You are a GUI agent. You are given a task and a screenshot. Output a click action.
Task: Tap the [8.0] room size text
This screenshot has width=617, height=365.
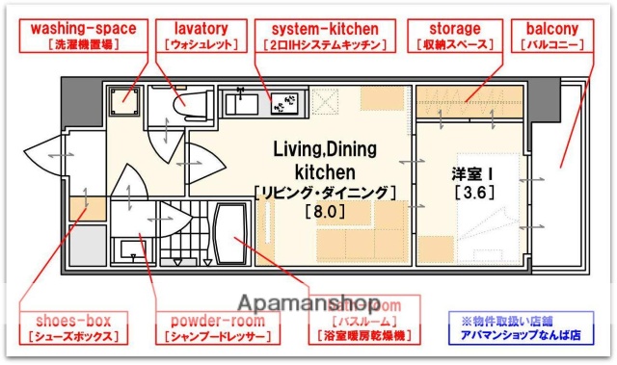(324, 210)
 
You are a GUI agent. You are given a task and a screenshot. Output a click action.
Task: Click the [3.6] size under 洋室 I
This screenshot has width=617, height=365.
(472, 193)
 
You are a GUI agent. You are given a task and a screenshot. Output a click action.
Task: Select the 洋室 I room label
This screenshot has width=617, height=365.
(472, 174)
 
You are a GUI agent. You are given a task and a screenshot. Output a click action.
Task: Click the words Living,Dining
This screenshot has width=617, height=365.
(325, 148)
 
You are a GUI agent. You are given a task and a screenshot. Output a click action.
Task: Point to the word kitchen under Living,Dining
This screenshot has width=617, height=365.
(325, 170)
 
